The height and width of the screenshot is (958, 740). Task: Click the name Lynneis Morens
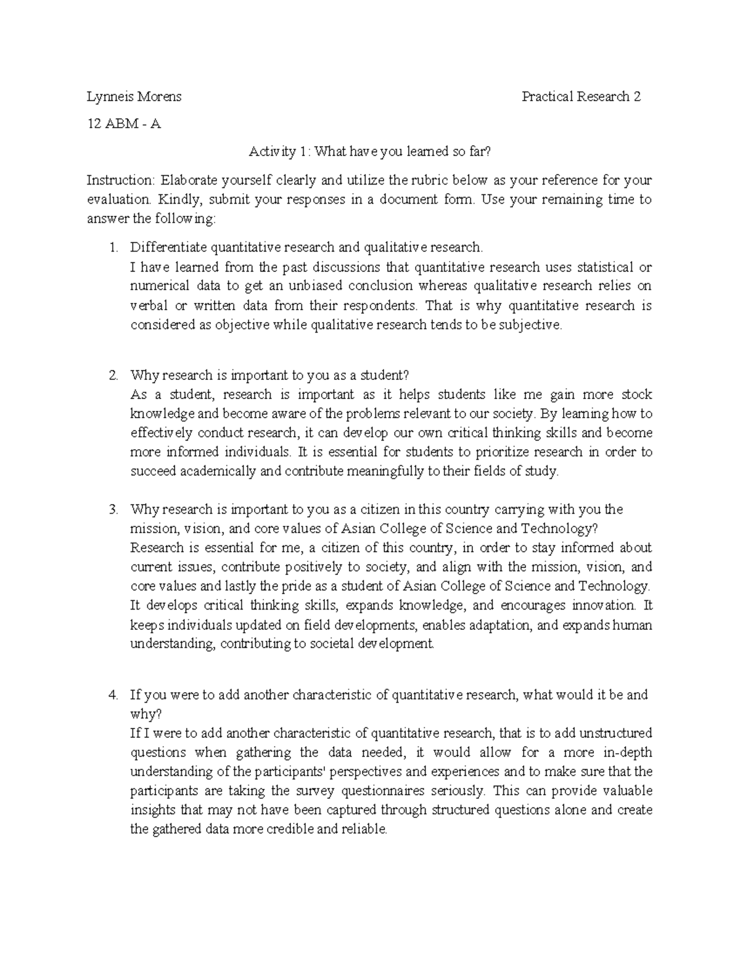coord(134,96)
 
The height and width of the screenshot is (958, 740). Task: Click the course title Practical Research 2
coord(581,96)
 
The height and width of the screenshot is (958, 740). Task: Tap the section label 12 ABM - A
coord(124,123)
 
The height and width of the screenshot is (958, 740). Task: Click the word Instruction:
coord(121,181)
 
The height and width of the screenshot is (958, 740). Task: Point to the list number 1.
coord(112,247)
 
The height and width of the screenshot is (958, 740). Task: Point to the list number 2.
coord(112,376)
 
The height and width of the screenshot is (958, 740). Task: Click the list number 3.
coord(112,510)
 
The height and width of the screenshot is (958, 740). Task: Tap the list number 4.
coord(112,695)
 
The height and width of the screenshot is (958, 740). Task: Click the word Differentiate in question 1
coord(168,247)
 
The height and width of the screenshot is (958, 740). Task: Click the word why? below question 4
coord(146,714)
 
